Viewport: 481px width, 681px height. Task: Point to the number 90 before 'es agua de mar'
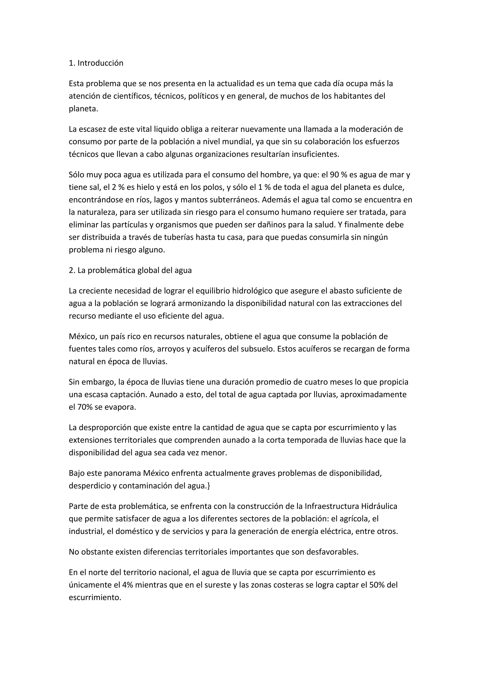tap(334, 175)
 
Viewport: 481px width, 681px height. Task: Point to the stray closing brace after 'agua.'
tap(209, 486)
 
